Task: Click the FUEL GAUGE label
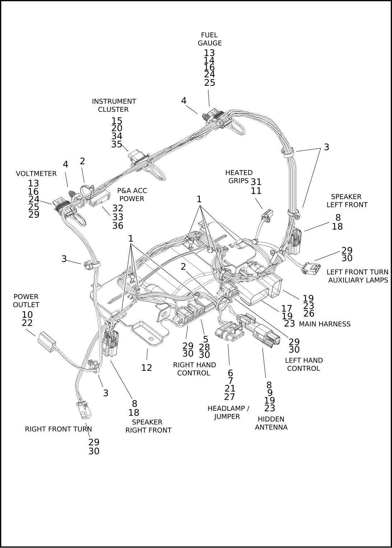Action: [209, 39]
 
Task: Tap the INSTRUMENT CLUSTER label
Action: [114, 105]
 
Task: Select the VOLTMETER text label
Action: [36, 174]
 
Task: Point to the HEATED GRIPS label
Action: [239, 177]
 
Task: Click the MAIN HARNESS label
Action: [324, 324]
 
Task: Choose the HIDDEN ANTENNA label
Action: [271, 423]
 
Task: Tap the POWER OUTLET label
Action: [26, 301]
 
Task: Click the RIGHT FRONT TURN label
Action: [58, 429]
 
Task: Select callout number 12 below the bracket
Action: [147, 368]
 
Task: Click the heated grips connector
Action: [267, 216]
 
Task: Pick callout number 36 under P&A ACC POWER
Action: [118, 226]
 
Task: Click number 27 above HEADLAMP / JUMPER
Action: [230, 397]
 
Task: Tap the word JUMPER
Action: [227, 417]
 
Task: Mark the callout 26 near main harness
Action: [309, 313]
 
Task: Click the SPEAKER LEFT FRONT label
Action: [346, 201]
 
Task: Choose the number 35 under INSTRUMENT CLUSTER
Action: [117, 144]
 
